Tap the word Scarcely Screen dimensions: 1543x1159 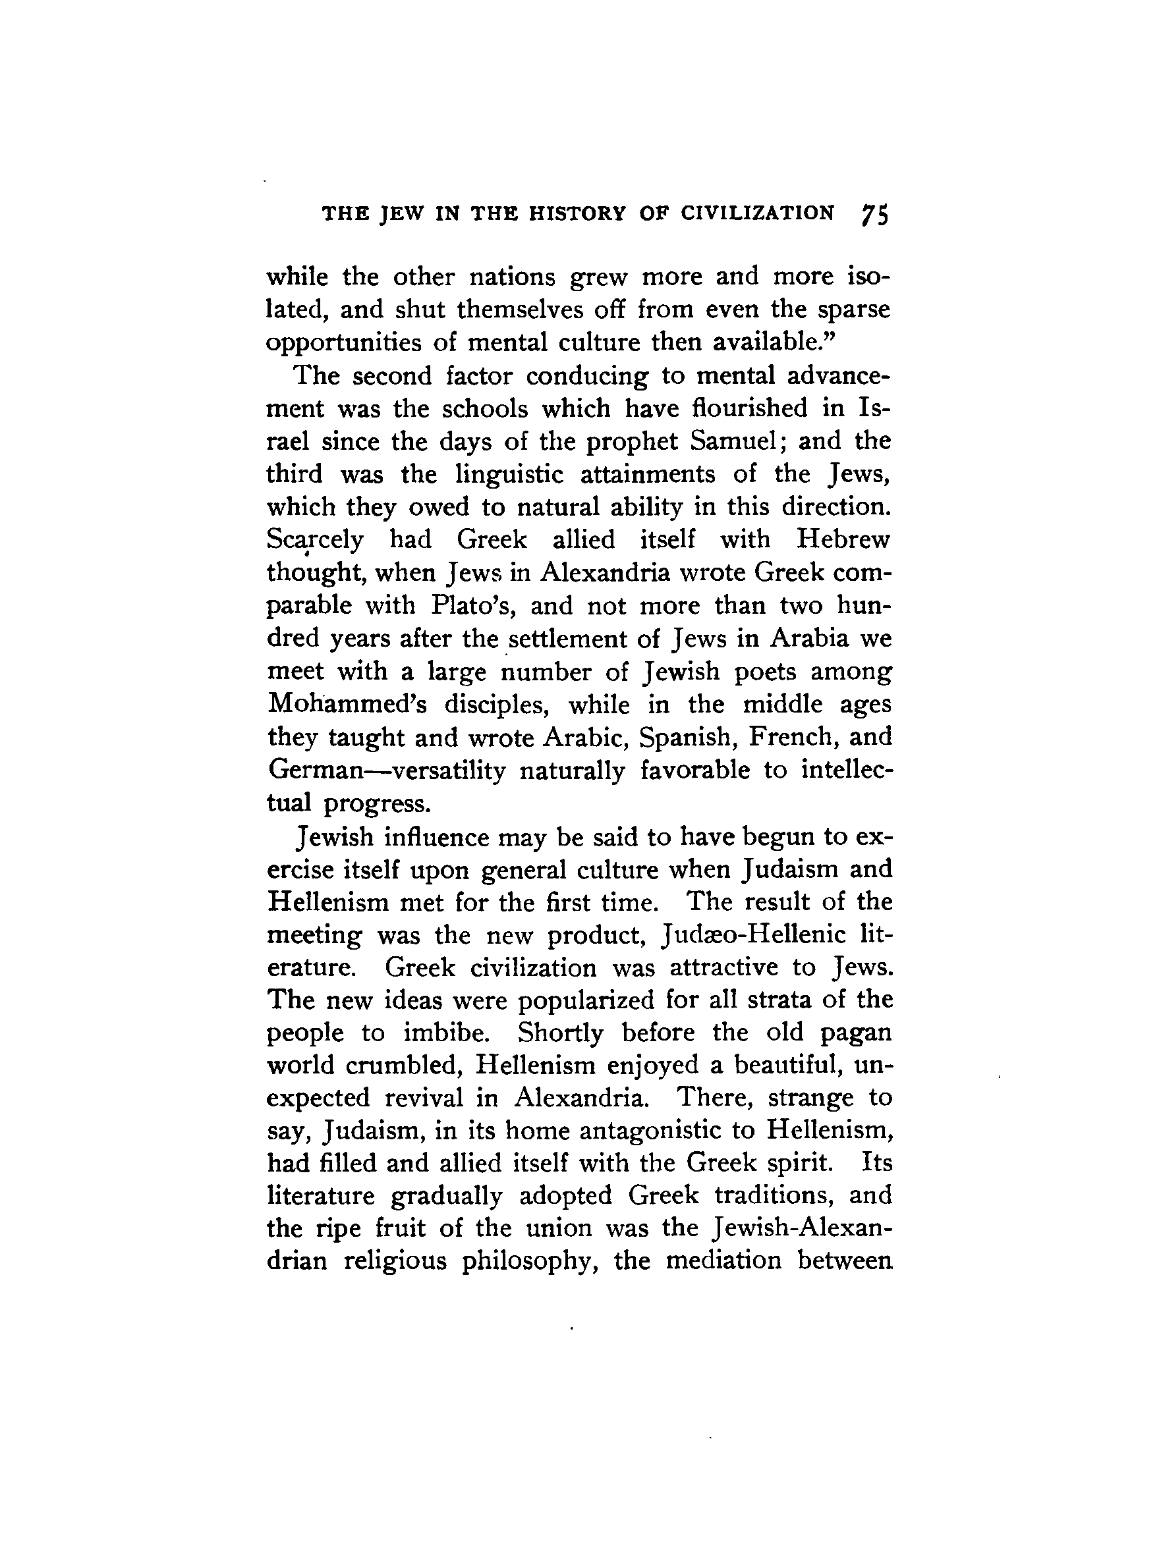point(315,540)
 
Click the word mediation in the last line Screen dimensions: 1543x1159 point(723,1262)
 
